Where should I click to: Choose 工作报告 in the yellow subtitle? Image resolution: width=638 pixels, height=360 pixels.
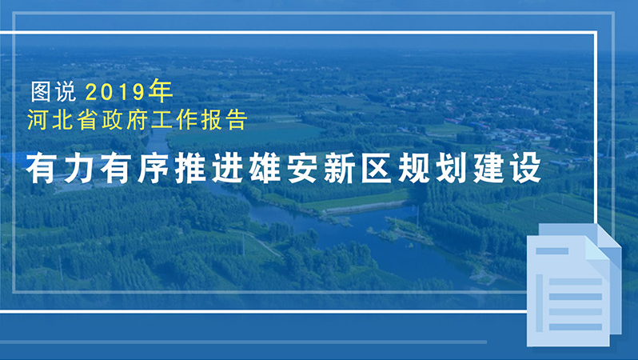coord(209,122)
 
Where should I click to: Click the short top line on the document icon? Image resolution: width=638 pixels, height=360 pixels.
coord(552,251)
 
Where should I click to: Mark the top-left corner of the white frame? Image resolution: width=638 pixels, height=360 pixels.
coord(18,33)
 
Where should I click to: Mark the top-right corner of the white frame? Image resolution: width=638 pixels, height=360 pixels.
coord(598,33)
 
